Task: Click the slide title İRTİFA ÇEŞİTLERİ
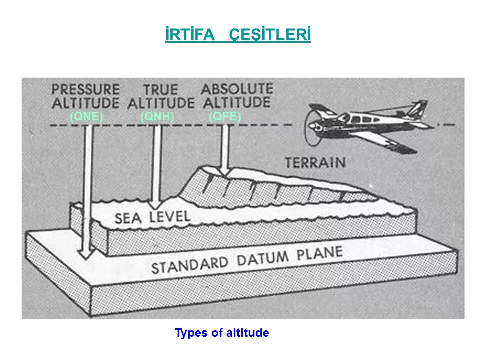(238, 36)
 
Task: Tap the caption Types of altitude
(222, 333)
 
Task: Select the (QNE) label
(86, 116)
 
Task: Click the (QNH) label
(157, 116)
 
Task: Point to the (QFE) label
(225, 116)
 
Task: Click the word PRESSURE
(86, 90)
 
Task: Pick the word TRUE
(160, 90)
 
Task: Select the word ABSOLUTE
(237, 90)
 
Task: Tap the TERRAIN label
(315, 162)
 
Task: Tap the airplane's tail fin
(416, 108)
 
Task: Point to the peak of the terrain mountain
(205, 167)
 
